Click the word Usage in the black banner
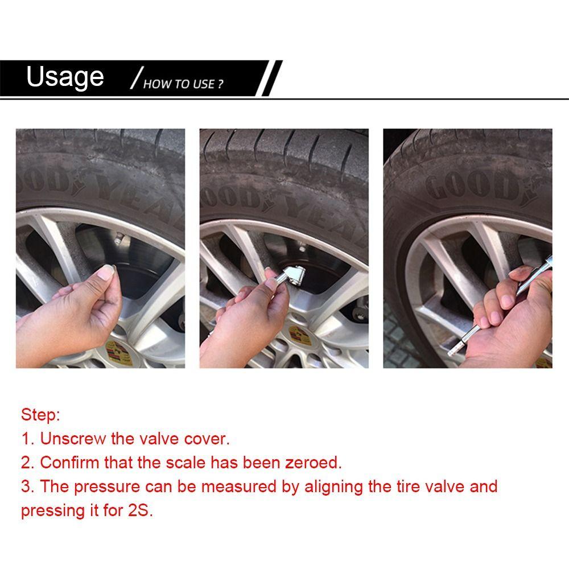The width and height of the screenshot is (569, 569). pyautogui.click(x=65, y=77)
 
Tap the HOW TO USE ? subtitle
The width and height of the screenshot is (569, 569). pyautogui.click(x=183, y=84)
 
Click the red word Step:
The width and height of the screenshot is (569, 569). pyautogui.click(x=40, y=414)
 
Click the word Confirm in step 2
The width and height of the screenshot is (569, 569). pyautogui.click(x=69, y=462)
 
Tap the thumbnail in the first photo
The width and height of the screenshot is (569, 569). pyautogui.click(x=106, y=273)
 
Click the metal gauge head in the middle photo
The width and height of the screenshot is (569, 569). pyautogui.click(x=290, y=273)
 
